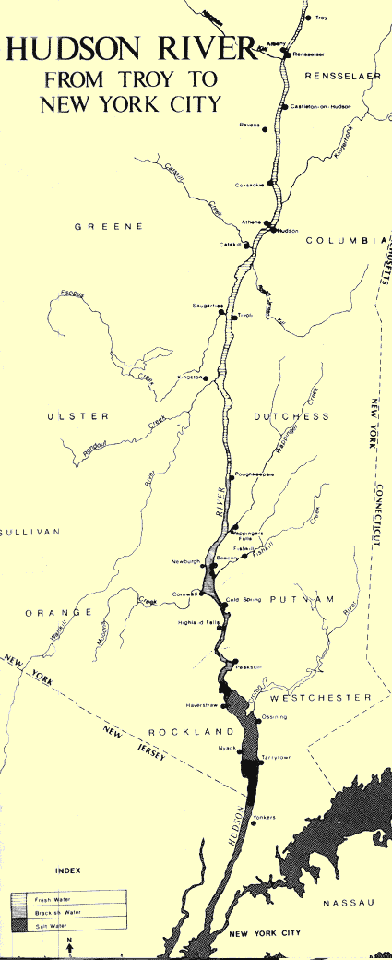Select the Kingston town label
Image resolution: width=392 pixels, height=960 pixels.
pyautogui.click(x=201, y=377)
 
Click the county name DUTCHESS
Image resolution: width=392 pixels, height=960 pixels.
pyautogui.click(x=291, y=416)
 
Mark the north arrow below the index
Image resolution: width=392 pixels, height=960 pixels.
pyautogui.click(x=71, y=946)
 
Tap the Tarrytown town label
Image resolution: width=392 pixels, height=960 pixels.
pyautogui.click(x=277, y=758)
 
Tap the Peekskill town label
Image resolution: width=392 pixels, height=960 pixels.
pyautogui.click(x=250, y=666)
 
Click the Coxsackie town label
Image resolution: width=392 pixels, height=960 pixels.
pyautogui.click(x=250, y=185)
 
